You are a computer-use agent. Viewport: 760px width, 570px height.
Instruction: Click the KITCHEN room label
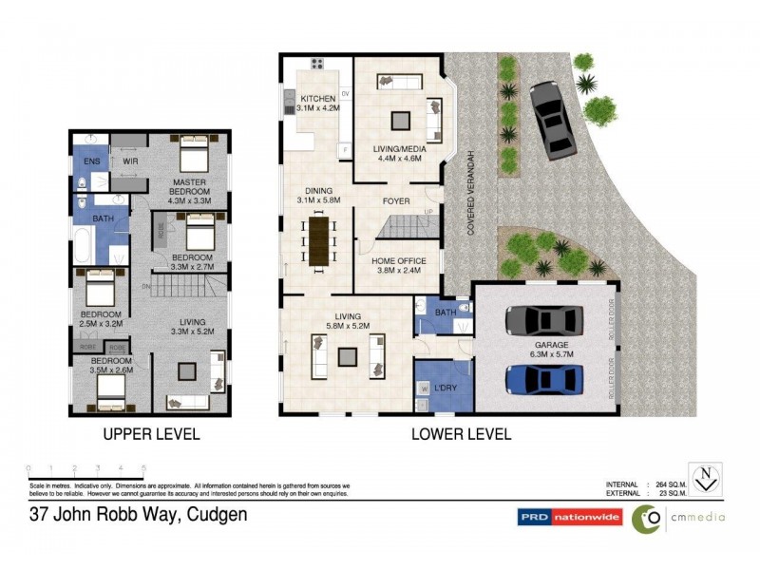(317, 100)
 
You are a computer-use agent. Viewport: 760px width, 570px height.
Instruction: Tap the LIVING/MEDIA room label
(399, 149)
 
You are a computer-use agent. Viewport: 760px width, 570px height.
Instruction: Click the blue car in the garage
(540, 378)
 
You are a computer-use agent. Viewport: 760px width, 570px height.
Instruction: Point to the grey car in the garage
(540, 320)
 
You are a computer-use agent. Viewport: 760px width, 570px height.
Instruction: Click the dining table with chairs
(317, 240)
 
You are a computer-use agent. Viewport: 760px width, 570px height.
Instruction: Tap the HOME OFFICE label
(398, 261)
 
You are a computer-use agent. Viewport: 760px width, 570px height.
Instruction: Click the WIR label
(129, 162)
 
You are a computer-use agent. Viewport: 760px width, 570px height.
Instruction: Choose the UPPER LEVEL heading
(152, 434)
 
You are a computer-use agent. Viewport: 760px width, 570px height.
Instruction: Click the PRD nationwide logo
(569, 518)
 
